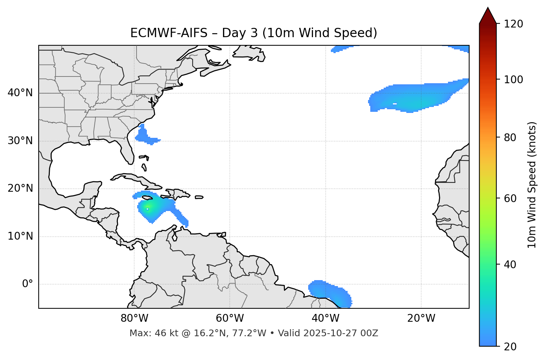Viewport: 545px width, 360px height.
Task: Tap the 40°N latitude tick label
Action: (x=20, y=93)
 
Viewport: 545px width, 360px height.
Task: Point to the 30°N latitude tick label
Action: (x=20, y=141)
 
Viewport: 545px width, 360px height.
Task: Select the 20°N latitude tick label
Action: (x=20, y=188)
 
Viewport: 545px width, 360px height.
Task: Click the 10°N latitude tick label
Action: (x=20, y=236)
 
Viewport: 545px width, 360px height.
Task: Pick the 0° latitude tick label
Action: (x=27, y=284)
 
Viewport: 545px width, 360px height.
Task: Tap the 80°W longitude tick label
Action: (x=134, y=318)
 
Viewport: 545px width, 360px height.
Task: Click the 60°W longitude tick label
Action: (x=230, y=318)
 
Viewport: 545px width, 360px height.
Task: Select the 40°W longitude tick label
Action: (x=325, y=318)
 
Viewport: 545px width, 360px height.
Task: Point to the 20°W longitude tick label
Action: (x=421, y=318)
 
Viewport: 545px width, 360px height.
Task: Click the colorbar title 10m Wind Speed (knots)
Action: (x=532, y=185)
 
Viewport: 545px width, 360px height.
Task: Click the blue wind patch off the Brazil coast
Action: (x=329, y=292)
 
